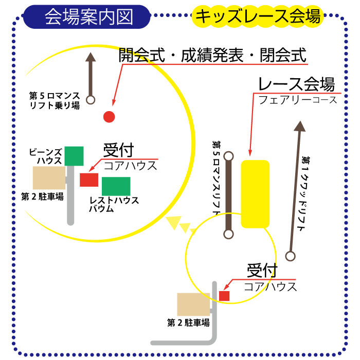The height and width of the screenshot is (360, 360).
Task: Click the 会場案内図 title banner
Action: (x=87, y=17)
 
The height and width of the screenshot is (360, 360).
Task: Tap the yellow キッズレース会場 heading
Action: (x=258, y=16)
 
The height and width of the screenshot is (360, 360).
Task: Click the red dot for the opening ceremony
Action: (x=109, y=117)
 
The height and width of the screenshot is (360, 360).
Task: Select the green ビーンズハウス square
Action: (x=74, y=156)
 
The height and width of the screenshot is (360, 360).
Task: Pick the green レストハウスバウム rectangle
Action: (x=116, y=186)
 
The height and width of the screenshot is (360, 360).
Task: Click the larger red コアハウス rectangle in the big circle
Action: (x=89, y=180)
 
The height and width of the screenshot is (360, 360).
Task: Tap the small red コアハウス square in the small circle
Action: (x=224, y=296)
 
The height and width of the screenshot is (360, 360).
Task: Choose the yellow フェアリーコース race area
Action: (x=255, y=194)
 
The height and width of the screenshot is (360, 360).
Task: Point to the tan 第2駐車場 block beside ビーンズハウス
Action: (x=49, y=178)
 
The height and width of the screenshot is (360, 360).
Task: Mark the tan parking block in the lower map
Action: (x=193, y=304)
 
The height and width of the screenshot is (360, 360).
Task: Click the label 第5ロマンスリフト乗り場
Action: (x=55, y=101)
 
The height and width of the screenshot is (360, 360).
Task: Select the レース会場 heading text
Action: (x=296, y=84)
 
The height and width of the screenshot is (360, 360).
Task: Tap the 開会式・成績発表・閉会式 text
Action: (x=212, y=55)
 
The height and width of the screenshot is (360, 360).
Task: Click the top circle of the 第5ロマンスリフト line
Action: (x=228, y=156)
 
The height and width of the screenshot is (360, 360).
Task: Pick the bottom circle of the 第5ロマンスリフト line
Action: (x=228, y=235)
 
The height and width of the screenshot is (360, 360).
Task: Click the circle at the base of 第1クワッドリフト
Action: (x=290, y=256)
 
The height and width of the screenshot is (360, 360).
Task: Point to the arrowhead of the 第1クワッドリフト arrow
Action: (x=300, y=127)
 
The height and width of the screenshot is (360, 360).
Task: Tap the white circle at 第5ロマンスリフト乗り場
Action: (x=91, y=100)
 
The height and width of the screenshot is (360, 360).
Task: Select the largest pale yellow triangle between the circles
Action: (x=174, y=222)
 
